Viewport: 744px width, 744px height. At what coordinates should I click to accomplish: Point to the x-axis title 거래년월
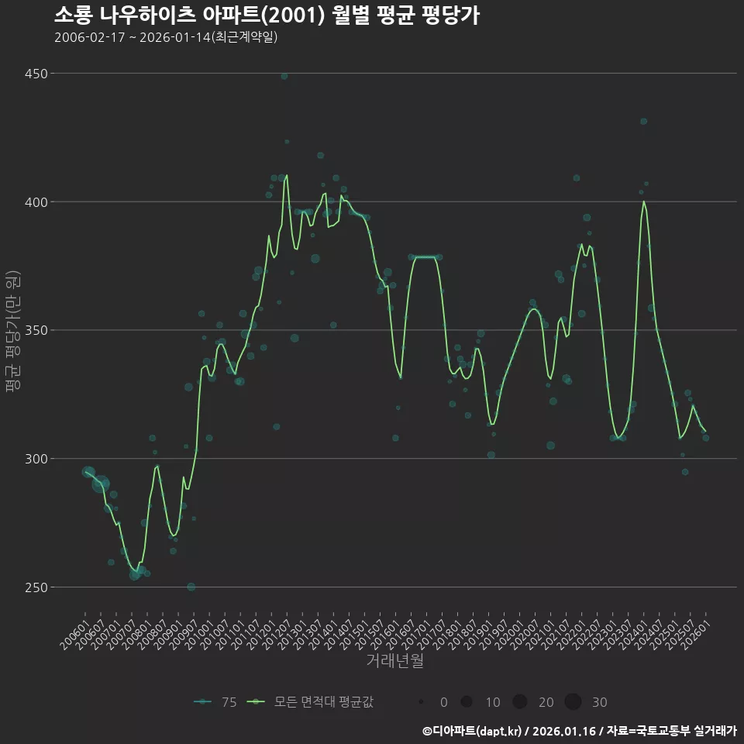pyautogui.click(x=395, y=661)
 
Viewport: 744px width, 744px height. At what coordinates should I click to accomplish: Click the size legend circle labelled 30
pyautogui.click(x=573, y=702)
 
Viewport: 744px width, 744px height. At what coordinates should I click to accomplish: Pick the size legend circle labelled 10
pyautogui.click(x=467, y=702)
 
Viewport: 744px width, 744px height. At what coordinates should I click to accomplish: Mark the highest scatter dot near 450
pyautogui.click(x=284, y=76)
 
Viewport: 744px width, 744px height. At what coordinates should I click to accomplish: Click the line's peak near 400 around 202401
pyautogui.click(x=644, y=201)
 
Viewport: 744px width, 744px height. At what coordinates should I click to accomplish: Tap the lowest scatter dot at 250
pyautogui.click(x=191, y=587)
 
